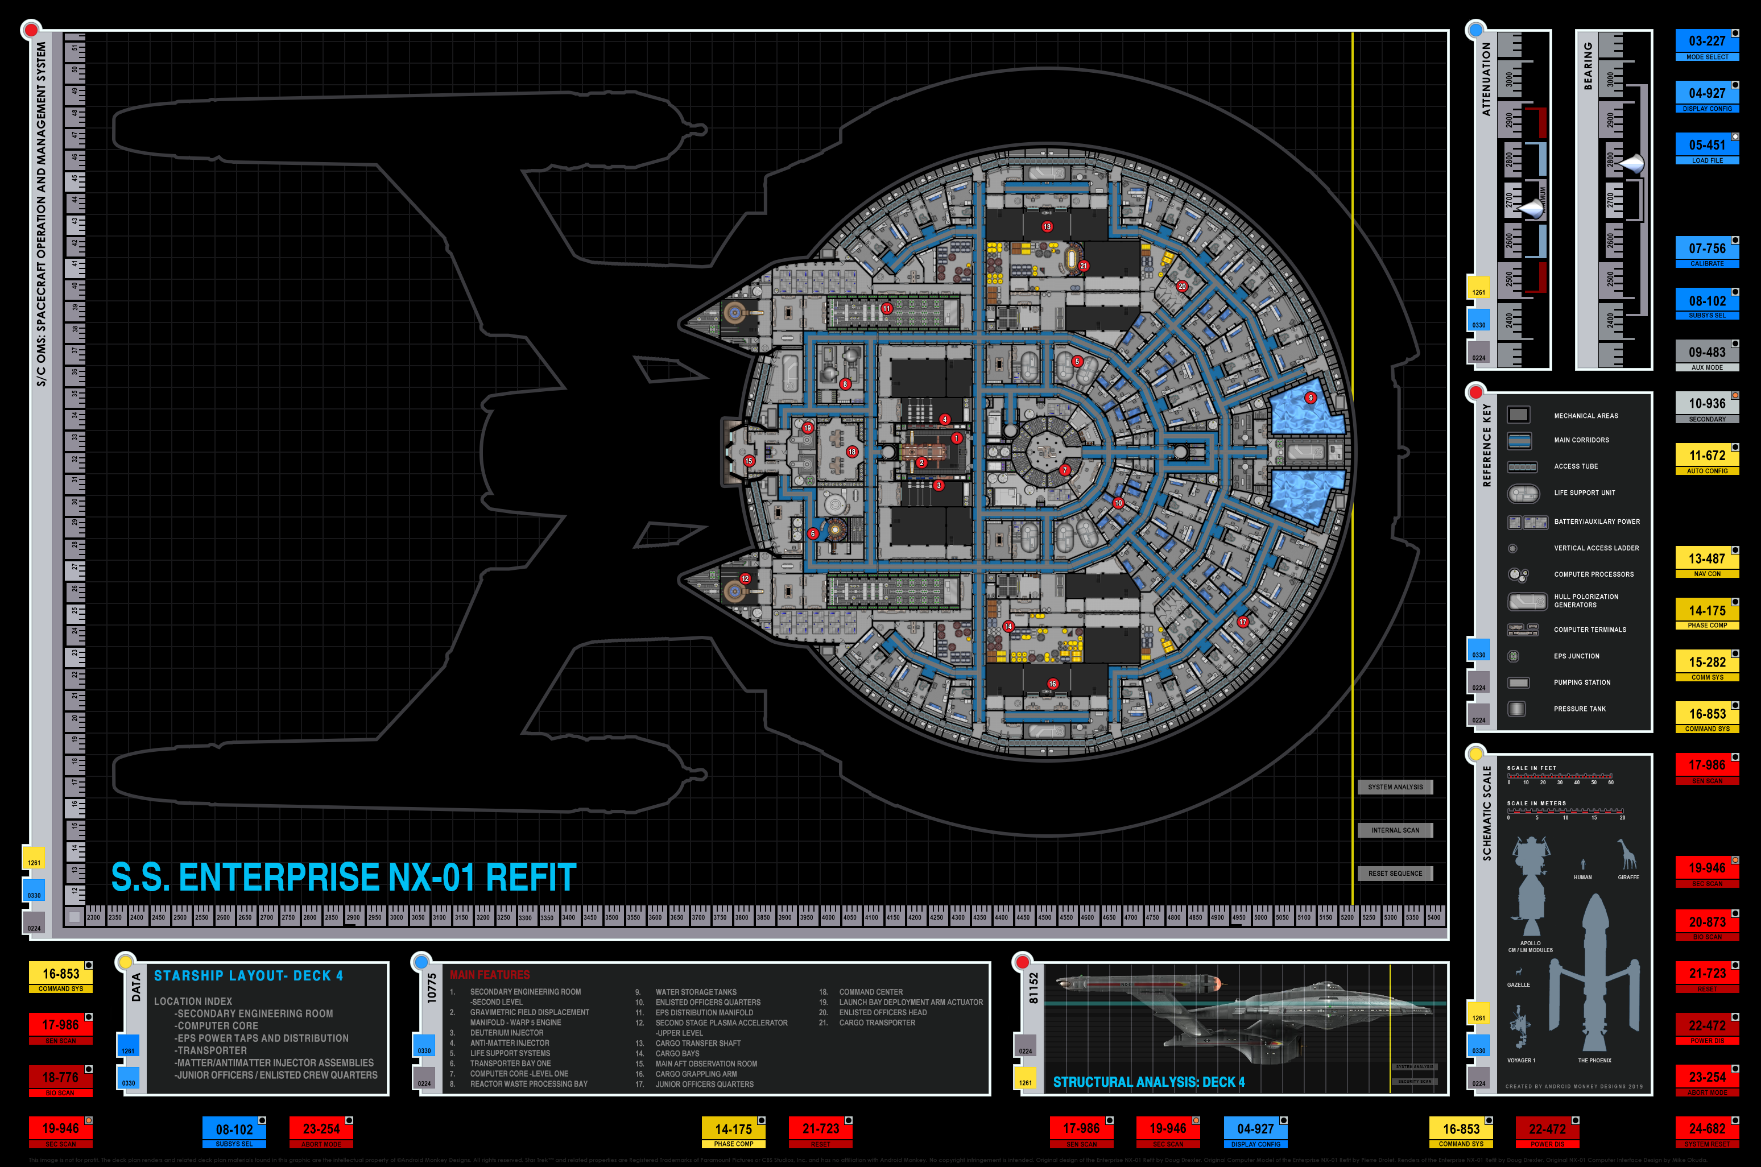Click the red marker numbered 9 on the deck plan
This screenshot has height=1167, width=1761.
pos(1311,398)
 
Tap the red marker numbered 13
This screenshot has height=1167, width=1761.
pos(1047,226)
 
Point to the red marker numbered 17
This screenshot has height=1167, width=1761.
pos(1243,622)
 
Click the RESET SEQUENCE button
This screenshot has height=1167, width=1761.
pos(1395,873)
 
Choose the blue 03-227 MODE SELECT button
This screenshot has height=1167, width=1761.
pos(1706,45)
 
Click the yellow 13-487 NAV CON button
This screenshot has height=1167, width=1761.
pos(1706,562)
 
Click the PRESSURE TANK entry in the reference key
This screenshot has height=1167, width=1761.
pos(1580,709)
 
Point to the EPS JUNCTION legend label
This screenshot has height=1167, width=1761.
pos(1576,656)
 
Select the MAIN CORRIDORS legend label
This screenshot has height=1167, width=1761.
pos(1581,440)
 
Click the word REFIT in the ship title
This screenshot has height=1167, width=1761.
pos(531,877)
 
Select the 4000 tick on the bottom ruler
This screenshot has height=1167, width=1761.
pos(828,917)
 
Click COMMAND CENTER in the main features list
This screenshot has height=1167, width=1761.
pos(871,991)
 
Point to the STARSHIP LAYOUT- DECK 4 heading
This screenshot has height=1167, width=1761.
pos(249,976)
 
